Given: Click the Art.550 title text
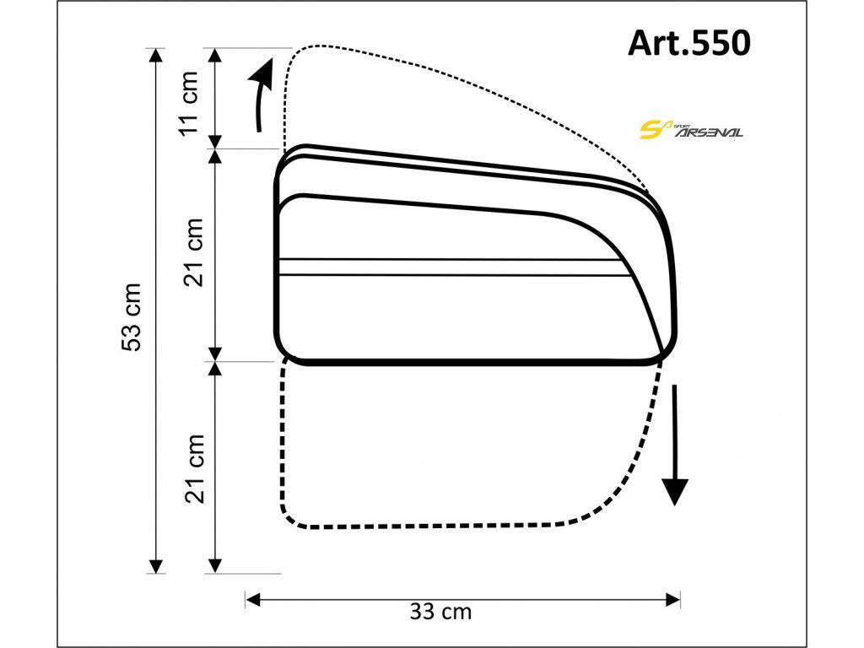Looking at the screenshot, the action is point(688,42).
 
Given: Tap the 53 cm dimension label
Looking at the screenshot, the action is point(132,317).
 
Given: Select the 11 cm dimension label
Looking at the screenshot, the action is point(188,102).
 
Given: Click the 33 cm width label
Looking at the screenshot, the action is point(440,612).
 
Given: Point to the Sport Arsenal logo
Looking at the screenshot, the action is point(690,129).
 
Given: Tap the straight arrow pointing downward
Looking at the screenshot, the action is point(674,445).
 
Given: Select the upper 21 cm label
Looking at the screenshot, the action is point(194,252).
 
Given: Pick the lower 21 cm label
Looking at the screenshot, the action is point(194,468).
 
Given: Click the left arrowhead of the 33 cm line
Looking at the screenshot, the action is point(252,600).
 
